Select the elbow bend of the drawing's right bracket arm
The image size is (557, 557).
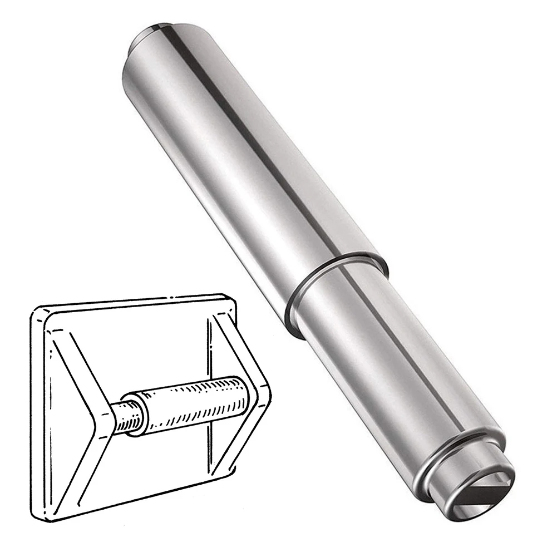[262, 384]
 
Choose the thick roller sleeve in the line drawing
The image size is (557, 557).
[189, 404]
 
